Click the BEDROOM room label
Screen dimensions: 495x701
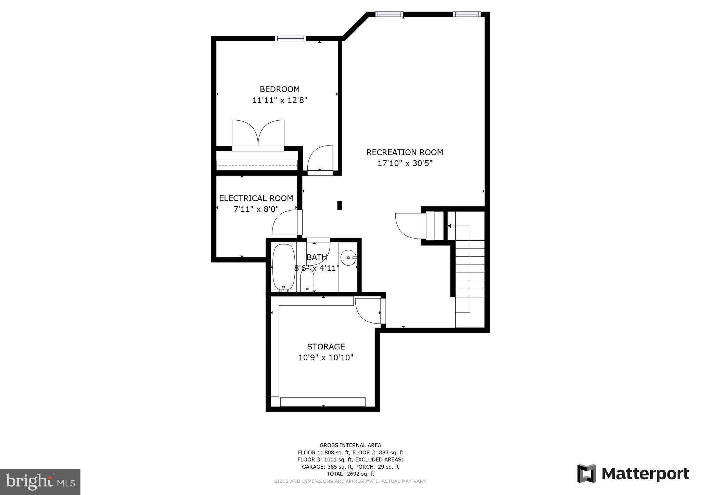coord(280,89)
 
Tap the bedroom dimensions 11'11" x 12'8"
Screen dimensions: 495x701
coord(280,101)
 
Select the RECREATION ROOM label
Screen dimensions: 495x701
coord(405,152)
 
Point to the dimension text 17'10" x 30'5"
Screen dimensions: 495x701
coord(405,163)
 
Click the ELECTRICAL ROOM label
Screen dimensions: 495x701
coord(256,198)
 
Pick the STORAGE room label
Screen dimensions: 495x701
coord(326,347)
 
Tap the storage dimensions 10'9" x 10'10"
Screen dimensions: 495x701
coord(326,358)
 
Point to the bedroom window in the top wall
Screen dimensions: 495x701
coord(291,38)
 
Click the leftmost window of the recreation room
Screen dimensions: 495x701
coord(389,14)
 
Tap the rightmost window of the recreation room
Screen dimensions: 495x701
coord(467,14)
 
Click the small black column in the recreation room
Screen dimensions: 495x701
coord(340,205)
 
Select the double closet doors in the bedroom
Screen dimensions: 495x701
coord(258,134)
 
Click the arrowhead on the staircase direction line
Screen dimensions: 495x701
coord(449,226)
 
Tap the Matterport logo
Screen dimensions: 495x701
coord(633,474)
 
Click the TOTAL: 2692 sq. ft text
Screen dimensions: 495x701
coord(350,474)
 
